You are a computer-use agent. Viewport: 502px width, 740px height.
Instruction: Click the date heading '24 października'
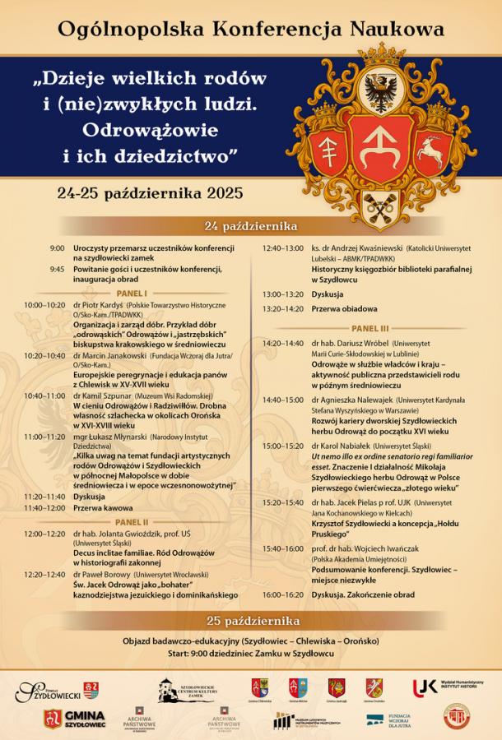(x=250, y=225)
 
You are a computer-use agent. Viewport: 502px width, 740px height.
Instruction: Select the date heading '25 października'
(x=251, y=620)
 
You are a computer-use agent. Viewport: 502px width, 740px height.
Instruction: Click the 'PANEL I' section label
(x=132, y=293)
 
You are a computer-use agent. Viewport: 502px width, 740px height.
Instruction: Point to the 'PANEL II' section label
(x=132, y=521)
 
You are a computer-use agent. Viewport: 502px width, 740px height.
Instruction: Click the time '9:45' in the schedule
(x=56, y=269)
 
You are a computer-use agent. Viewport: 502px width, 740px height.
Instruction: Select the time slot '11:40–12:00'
(x=44, y=507)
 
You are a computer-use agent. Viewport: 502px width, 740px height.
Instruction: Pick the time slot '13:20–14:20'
(x=282, y=309)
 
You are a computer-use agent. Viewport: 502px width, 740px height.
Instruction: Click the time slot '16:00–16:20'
(x=282, y=594)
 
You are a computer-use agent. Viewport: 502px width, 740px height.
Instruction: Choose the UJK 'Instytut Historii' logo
(x=449, y=687)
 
